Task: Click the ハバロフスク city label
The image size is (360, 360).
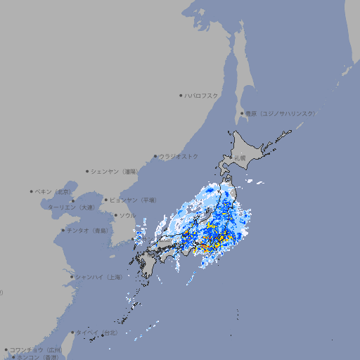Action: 202,95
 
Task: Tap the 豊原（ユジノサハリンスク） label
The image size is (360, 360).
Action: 280,113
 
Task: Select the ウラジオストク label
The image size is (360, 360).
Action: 179,156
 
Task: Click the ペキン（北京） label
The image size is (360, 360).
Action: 53,191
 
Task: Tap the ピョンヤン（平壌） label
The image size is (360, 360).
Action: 134,200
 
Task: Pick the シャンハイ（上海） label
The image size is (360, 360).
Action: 98,277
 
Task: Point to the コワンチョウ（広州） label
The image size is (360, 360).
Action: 36,349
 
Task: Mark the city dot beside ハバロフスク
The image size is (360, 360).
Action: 181,95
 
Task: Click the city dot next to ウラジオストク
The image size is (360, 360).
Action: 155,156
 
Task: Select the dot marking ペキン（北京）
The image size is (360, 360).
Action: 31,191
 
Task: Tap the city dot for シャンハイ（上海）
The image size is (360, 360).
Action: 71,277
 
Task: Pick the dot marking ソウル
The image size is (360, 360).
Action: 115,215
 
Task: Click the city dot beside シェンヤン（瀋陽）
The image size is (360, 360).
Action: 87,171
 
